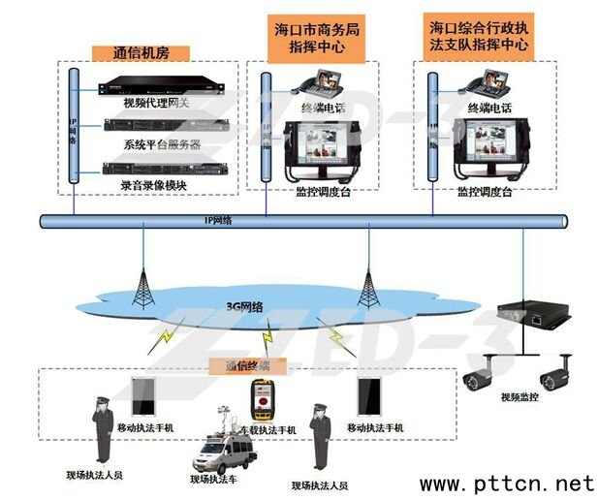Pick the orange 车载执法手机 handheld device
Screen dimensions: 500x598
click(x=262, y=398)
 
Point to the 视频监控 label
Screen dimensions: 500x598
click(x=517, y=396)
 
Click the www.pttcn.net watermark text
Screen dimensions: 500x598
click(x=506, y=482)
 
